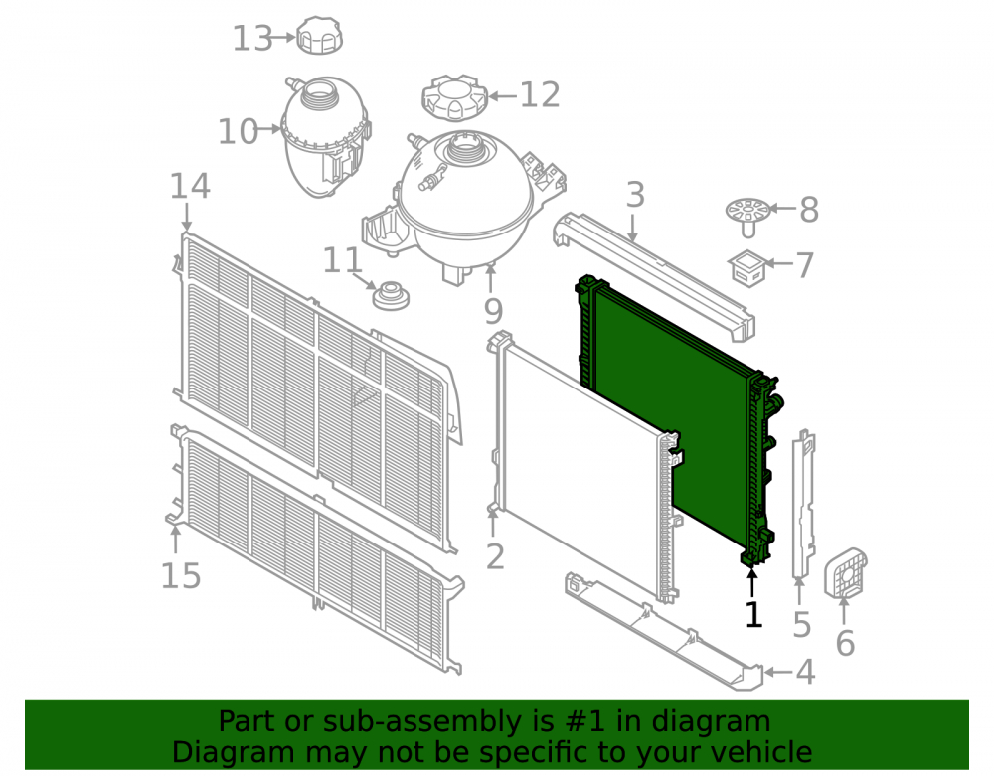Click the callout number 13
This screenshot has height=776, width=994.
tap(252, 38)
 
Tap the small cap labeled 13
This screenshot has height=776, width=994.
tap(319, 36)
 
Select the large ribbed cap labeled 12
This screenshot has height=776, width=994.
tap(454, 97)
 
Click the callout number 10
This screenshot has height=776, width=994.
tap(238, 132)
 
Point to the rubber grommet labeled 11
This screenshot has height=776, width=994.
tap(391, 296)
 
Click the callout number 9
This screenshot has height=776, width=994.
tap(493, 310)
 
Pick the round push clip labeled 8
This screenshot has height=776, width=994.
tap(748, 216)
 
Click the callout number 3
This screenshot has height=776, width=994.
tap(635, 195)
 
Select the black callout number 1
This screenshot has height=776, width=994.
tap(753, 614)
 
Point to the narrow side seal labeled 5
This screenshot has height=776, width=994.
tap(803, 504)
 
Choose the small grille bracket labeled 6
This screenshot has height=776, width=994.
tap(845, 572)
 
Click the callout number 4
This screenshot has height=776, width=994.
tap(805, 672)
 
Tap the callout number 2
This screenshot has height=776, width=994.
tap(495, 556)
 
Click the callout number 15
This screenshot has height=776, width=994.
tap(181, 576)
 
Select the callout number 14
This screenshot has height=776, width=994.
tap(190, 186)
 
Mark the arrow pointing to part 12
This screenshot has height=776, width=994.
tap(502, 97)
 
